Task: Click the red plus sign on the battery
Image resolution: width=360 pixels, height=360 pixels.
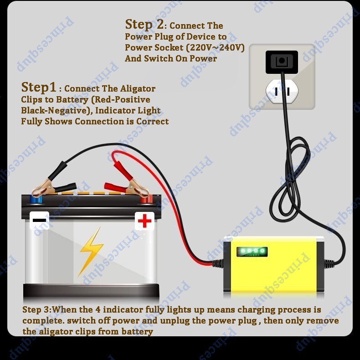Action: (x=144, y=221)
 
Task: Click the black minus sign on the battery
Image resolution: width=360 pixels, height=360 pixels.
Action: (x=40, y=221)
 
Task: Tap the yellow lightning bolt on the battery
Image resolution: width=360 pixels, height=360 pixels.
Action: (x=90, y=252)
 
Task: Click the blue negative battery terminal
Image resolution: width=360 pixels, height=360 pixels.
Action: (x=36, y=199)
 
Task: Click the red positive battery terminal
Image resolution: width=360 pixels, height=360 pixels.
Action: (x=145, y=199)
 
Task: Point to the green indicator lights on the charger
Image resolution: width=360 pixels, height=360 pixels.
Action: (x=251, y=251)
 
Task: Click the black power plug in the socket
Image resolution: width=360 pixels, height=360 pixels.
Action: (x=282, y=62)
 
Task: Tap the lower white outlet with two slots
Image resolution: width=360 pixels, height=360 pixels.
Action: (x=282, y=91)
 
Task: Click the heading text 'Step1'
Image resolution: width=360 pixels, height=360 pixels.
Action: (x=41, y=87)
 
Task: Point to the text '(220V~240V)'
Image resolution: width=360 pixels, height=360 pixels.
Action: (x=222, y=47)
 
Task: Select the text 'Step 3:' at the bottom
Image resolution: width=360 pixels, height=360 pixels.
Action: (x=37, y=310)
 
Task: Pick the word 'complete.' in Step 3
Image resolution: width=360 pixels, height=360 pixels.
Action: (x=41, y=321)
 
